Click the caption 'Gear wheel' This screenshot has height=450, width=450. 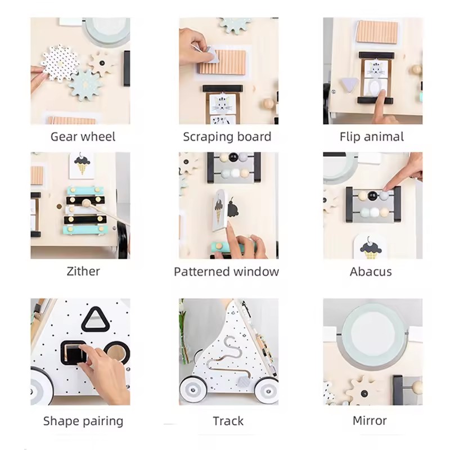click(x=83, y=137)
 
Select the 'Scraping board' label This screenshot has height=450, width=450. click(x=227, y=137)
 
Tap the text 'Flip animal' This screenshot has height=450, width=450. click(x=372, y=137)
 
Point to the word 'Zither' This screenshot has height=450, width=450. click(x=83, y=271)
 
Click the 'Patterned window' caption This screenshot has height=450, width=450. click(x=226, y=272)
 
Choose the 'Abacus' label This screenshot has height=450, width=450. click(x=371, y=272)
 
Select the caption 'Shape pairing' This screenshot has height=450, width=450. click(x=83, y=421)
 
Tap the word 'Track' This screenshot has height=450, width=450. click(x=228, y=421)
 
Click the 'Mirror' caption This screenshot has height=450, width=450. click(x=370, y=421)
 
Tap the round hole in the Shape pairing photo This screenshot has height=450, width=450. click(x=116, y=352)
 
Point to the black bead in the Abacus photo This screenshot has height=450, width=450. click(x=372, y=196)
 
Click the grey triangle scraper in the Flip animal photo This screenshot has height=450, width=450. click(x=349, y=85)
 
